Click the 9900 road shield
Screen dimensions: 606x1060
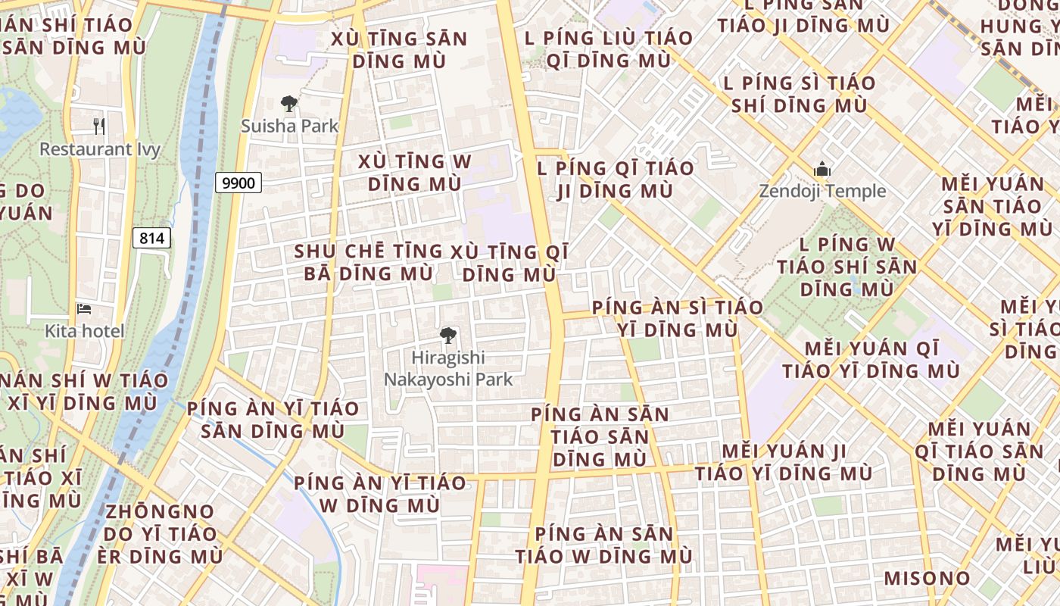(238, 183)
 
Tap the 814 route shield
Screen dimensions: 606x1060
(152, 238)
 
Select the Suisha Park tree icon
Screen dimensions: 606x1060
(288, 104)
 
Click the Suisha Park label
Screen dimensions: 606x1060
(289, 126)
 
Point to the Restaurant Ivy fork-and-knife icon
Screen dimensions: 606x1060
(98, 126)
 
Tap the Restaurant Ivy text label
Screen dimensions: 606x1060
(100, 149)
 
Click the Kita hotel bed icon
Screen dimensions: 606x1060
(84, 309)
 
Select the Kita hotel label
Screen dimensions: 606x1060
(85, 331)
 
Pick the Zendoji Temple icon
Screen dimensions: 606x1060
(821, 169)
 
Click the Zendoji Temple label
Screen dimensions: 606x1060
(822, 191)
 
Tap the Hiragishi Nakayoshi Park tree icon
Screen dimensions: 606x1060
(448, 335)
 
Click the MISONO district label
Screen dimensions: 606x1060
(927, 579)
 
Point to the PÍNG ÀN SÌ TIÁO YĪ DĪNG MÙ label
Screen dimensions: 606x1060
(677, 319)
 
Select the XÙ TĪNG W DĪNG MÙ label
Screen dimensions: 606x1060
(414, 173)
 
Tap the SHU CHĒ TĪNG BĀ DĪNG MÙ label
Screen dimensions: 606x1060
(369, 262)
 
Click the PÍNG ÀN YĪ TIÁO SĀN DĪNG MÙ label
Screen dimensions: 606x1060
(273, 420)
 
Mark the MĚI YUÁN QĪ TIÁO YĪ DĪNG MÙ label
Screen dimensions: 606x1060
(871, 360)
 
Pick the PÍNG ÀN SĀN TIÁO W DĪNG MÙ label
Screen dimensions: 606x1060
(603, 545)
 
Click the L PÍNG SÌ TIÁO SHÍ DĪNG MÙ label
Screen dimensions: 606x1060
(800, 94)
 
